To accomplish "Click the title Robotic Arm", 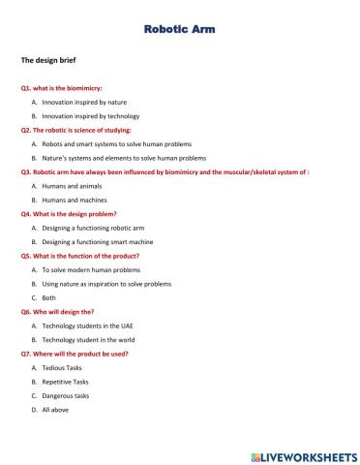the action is coord(179,30).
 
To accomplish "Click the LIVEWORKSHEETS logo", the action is coord(303,454).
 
